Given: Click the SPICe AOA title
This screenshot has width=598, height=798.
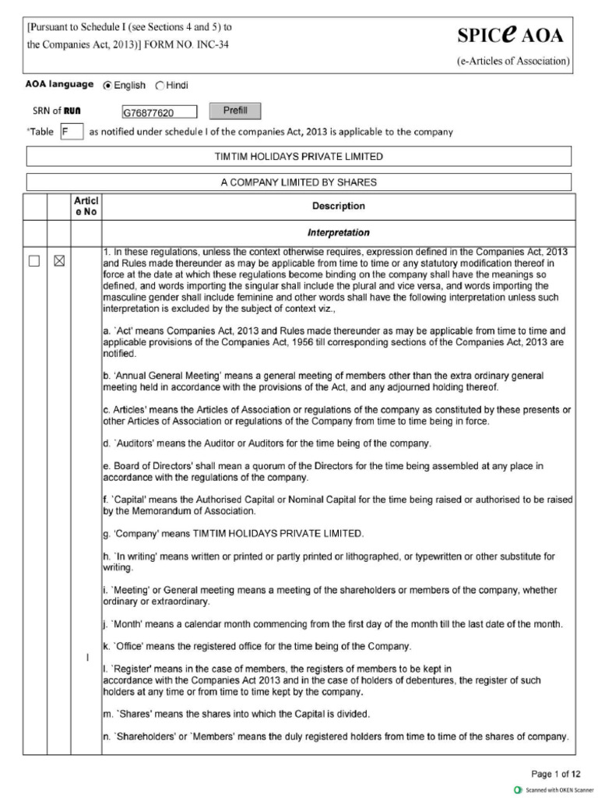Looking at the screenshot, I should tap(510, 35).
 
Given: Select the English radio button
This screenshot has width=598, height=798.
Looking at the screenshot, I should tap(108, 86).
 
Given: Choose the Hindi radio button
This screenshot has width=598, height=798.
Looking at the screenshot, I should tap(160, 86).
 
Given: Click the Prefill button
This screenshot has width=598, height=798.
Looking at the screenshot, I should tap(234, 111).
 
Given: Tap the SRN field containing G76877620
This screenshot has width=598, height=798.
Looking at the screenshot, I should tap(159, 113).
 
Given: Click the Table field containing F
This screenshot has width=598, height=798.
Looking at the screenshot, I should tap(71, 132).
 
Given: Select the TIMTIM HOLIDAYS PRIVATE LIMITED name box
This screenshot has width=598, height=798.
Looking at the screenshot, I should tap(299, 157).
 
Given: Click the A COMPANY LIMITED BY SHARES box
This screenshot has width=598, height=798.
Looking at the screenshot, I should tap(299, 182).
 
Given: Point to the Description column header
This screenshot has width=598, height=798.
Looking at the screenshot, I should tap(338, 207).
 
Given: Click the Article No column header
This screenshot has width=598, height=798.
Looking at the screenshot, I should tap(86, 207).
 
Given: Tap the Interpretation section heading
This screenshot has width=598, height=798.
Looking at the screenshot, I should tap(338, 233).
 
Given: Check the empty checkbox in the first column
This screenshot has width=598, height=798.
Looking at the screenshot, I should tap(34, 262).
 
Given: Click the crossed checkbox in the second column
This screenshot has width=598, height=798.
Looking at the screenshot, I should tap(58, 262).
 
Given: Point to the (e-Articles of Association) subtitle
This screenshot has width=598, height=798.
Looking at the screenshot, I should tap(513, 61).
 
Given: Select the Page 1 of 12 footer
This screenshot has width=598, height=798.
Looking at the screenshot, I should tap(555, 774).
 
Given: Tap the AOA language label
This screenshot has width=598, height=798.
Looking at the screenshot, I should tap(59, 85).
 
